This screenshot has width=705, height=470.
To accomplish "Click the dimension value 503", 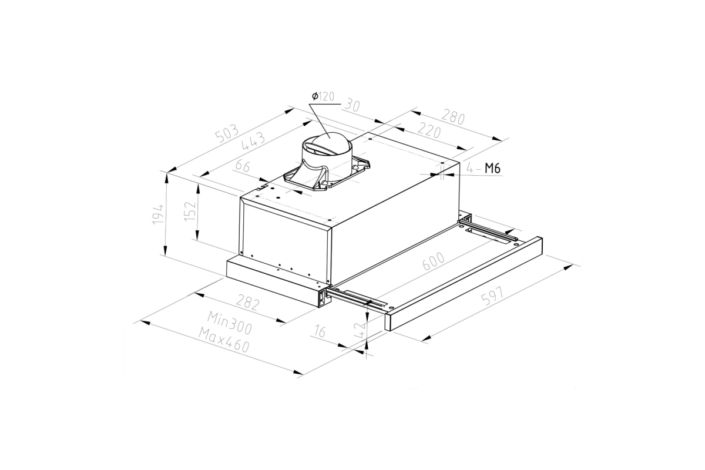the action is coord(227,134).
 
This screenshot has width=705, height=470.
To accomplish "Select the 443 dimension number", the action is coord(253,142).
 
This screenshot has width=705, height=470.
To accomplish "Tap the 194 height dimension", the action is coord(158,214).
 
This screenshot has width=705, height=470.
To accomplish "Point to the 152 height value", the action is coord(190,210).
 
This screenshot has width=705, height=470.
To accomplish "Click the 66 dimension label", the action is coord(243,166).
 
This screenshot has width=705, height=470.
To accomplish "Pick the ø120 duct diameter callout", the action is coord(323,96).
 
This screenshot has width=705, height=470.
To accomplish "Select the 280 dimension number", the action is coord(453,117).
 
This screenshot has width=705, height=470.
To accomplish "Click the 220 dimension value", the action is coord(428,130).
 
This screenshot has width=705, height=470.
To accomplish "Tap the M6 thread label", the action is coord(492,169).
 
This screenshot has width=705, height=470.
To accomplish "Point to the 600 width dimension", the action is coord(434,261).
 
